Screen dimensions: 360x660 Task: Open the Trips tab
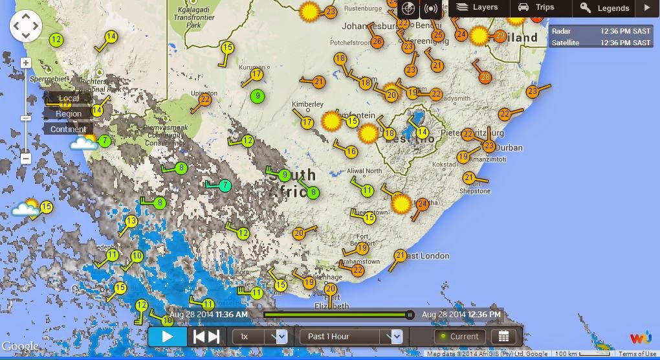click(536, 8)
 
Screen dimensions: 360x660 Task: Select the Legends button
click(605, 8)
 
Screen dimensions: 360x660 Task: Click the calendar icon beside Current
click(503, 337)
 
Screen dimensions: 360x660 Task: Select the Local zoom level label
click(69, 98)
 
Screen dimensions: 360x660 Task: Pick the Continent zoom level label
click(69, 129)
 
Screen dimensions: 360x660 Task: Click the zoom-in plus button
click(26, 63)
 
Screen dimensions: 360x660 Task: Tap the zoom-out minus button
click(26, 158)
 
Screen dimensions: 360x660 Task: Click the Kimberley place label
click(307, 104)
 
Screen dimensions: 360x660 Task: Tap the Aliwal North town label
click(364, 172)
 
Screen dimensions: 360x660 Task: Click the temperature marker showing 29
click(500, 36)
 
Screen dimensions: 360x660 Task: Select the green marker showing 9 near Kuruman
click(258, 96)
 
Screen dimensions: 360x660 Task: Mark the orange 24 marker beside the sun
click(422, 204)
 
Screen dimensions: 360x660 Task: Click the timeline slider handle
click(410, 315)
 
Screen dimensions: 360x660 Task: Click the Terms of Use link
click(637, 354)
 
